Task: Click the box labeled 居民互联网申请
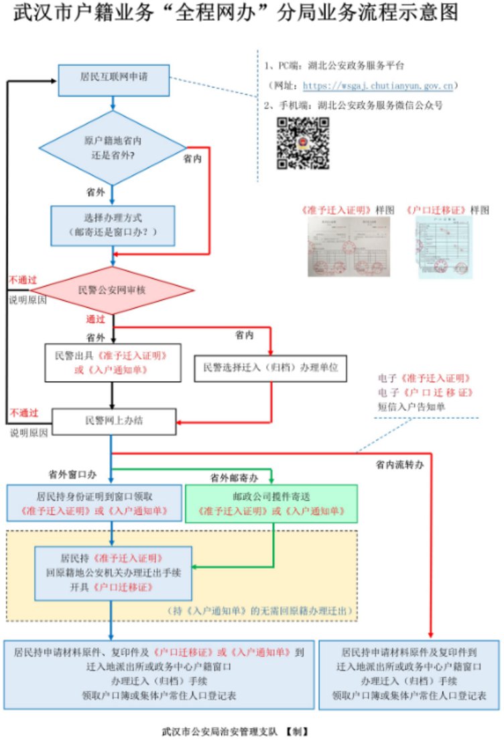point(113,77)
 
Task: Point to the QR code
point(303,143)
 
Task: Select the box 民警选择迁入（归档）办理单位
point(269,366)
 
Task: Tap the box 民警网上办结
point(113,421)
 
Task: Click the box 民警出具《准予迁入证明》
point(113,362)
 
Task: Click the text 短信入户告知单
point(411,405)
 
